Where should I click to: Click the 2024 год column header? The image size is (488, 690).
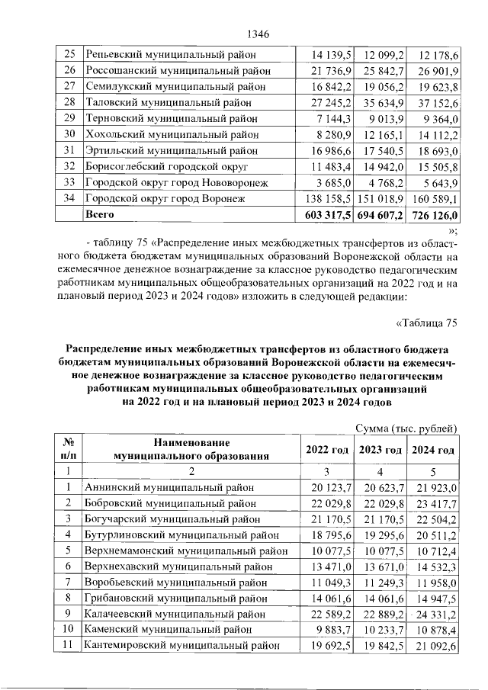point(434,450)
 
